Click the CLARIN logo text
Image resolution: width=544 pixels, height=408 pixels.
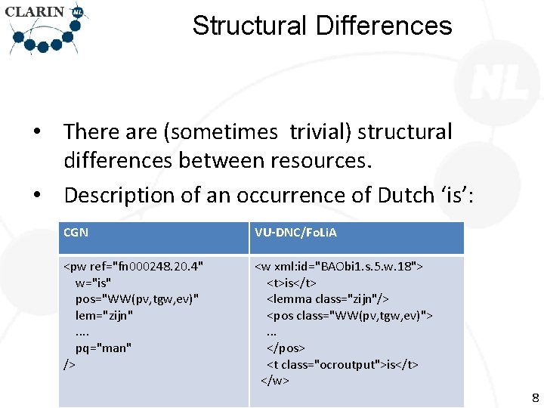point(35,12)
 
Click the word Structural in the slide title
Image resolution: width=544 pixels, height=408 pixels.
point(249,26)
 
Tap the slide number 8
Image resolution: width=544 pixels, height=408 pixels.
point(535,397)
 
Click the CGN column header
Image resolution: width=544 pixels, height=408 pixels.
point(76,232)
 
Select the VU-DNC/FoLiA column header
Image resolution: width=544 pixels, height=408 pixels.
point(295,232)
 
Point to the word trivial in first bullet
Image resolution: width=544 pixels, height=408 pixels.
point(318,131)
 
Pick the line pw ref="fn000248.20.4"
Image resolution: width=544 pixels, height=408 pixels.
point(134,266)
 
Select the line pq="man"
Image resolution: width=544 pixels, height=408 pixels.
point(104,348)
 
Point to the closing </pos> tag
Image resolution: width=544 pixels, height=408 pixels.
point(285,348)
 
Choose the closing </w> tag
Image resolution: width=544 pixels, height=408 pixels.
point(275,380)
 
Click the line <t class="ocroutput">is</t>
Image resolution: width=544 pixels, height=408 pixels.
point(342,364)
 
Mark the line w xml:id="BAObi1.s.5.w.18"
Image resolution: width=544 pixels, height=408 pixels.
point(338,266)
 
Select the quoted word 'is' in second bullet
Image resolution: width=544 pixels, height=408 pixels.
point(451,195)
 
